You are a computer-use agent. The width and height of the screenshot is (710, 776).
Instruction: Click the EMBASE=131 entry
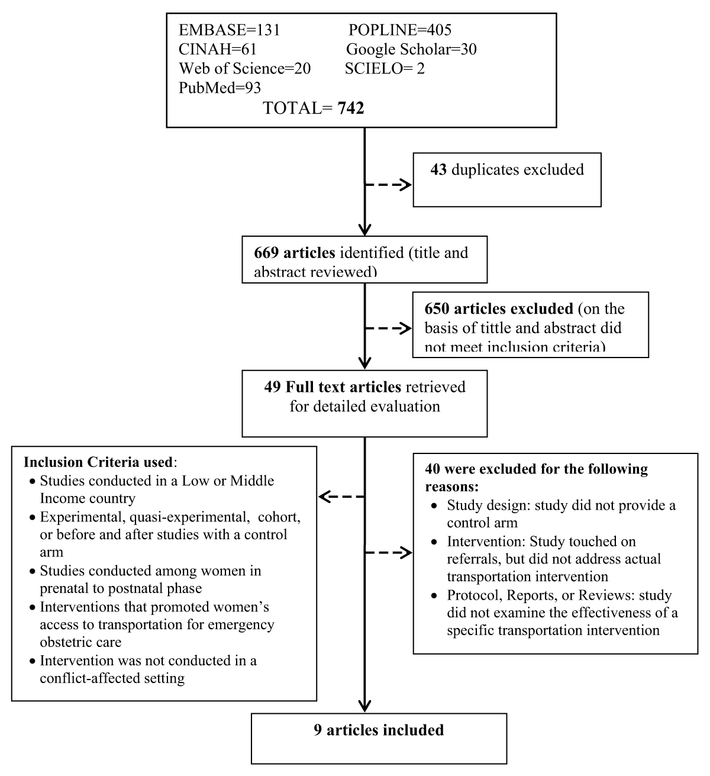click(x=229, y=30)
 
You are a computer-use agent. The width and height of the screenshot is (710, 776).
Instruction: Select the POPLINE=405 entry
click(x=399, y=30)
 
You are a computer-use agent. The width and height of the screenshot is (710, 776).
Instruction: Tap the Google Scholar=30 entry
click(x=411, y=50)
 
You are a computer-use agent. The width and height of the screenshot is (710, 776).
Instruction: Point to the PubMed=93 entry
click(x=220, y=88)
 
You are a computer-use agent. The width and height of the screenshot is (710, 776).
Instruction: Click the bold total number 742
click(x=350, y=108)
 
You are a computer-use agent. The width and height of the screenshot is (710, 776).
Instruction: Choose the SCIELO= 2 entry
click(x=385, y=69)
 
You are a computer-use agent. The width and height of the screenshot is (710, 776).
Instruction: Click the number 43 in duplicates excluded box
click(x=438, y=170)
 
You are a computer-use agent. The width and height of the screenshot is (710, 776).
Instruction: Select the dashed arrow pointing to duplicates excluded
click(x=388, y=185)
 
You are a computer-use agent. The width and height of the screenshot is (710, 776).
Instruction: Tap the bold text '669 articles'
click(x=294, y=253)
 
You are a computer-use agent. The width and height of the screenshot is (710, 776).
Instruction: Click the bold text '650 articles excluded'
click(x=499, y=309)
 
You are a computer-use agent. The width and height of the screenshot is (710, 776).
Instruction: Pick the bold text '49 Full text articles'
click(x=333, y=387)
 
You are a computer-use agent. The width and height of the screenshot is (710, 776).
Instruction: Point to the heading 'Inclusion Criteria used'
click(x=98, y=462)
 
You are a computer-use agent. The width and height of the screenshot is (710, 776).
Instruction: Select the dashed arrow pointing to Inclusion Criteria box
click(x=341, y=497)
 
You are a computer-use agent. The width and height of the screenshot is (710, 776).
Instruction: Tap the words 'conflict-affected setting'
click(x=112, y=678)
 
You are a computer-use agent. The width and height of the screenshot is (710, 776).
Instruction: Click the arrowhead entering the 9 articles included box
click(x=364, y=706)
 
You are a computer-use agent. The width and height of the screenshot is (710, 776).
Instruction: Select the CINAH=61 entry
click(x=218, y=50)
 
